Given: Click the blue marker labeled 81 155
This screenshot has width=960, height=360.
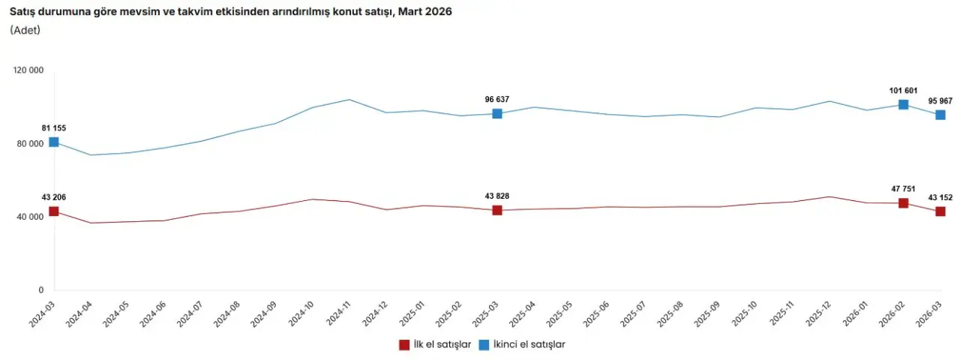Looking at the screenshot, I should click(54, 142).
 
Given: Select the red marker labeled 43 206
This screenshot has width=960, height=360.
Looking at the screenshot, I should click(54, 211).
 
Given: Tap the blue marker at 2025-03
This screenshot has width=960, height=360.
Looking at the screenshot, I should click(497, 114).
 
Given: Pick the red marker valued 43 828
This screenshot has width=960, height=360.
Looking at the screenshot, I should click(497, 210).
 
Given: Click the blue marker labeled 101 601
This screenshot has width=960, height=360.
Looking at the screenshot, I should click(904, 105).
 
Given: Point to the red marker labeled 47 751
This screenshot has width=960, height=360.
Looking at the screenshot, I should click(904, 203).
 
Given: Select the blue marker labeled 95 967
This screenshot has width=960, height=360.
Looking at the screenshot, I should click(940, 115).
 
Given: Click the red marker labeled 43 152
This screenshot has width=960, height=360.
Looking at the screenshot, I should click(940, 211).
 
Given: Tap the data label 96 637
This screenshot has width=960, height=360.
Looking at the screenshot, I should click(497, 99).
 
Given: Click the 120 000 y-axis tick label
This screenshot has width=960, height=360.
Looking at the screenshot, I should click(29, 70).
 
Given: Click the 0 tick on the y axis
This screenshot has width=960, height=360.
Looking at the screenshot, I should click(41, 290).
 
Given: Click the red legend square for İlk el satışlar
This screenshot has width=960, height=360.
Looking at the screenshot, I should click(403, 344).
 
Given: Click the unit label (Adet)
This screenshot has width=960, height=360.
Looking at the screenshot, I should click(25, 30).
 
